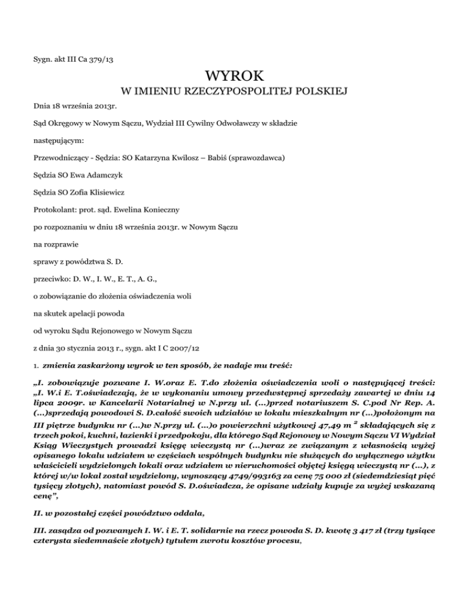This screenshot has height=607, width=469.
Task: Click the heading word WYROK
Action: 234,77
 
